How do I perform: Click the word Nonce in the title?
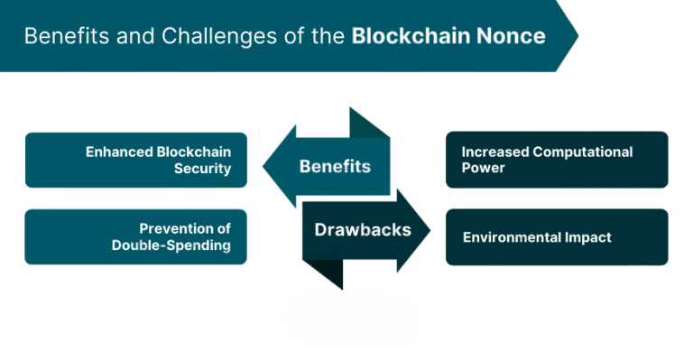(513, 36)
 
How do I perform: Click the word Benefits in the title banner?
(64, 36)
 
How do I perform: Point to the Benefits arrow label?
(335, 167)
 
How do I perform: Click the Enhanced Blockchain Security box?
(135, 160)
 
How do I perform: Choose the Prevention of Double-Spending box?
(135, 236)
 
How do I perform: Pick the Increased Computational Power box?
(557, 160)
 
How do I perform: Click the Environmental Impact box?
(557, 237)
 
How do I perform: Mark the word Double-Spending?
(171, 245)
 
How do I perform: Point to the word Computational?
(587, 152)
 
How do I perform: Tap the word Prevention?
(176, 228)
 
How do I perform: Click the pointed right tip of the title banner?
(576, 36)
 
